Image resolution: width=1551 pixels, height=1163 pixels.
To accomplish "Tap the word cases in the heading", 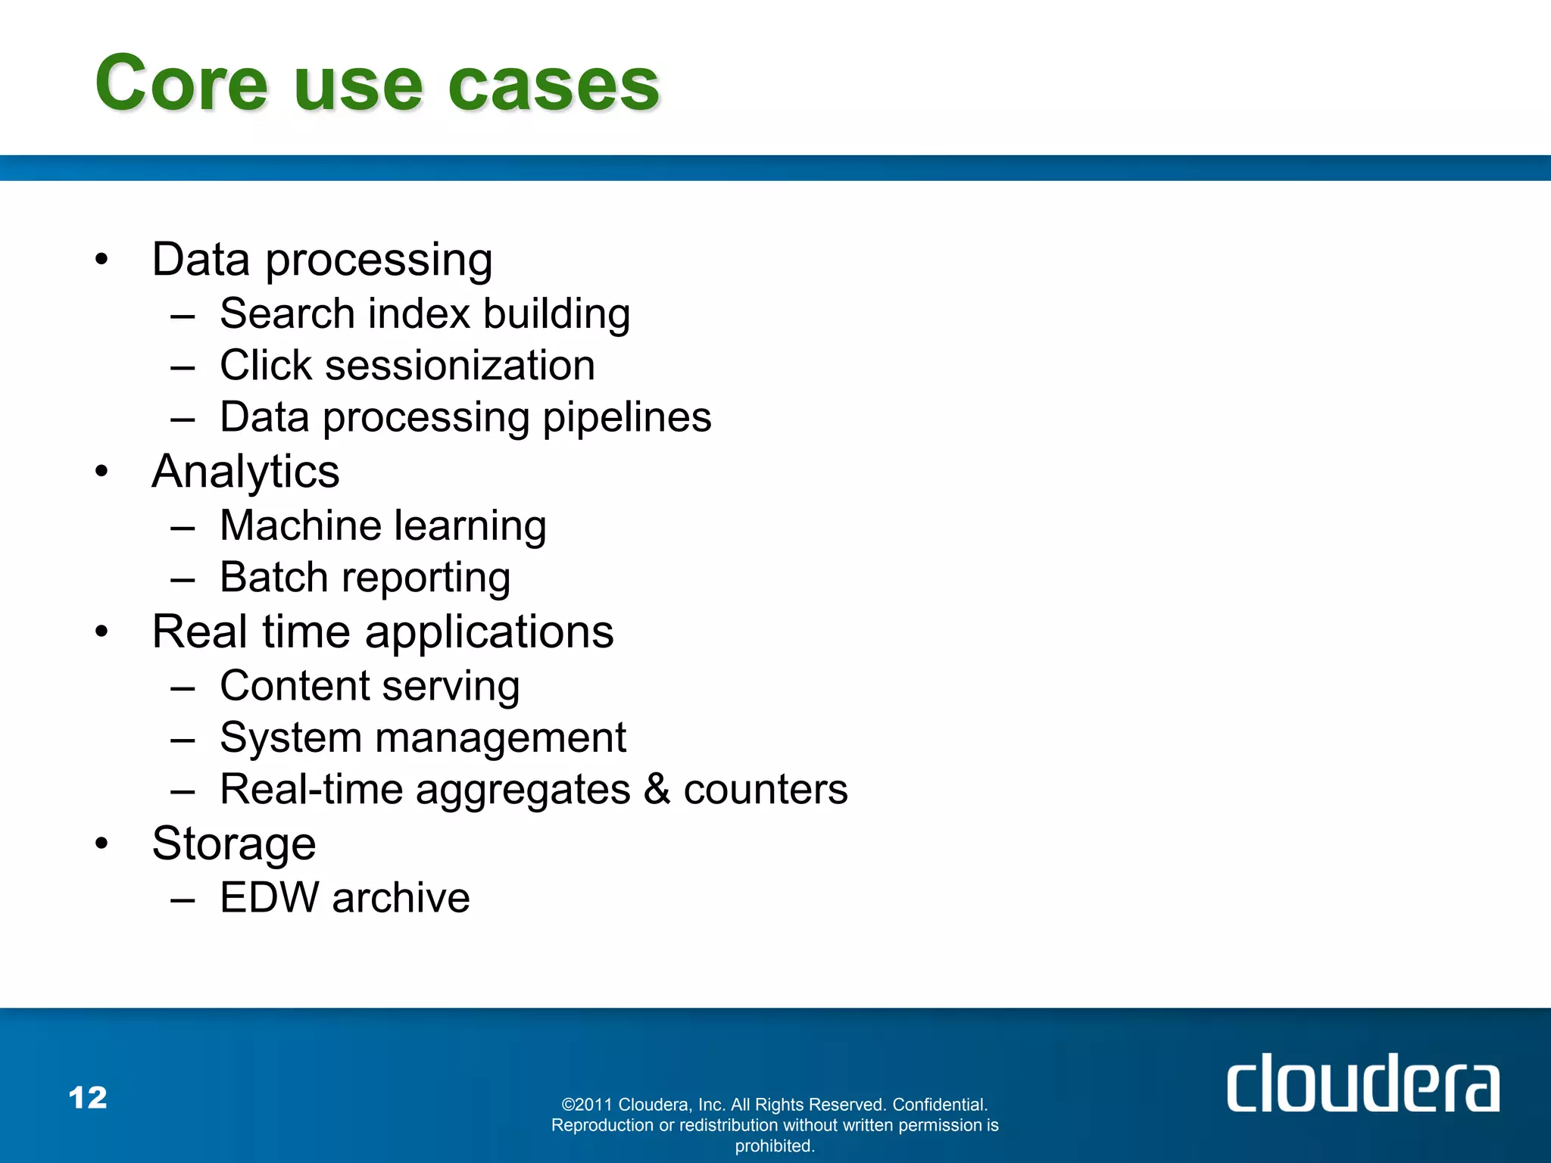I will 554,85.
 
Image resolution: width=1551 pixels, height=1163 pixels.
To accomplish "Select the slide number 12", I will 88,1097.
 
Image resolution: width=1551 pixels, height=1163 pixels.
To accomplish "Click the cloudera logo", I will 1362,1083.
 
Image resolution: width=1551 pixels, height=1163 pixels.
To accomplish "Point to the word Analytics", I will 245,472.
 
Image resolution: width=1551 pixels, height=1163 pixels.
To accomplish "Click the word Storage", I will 234,843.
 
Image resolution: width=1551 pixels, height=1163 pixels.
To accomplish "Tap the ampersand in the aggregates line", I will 657,789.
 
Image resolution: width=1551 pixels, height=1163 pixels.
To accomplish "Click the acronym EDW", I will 270,898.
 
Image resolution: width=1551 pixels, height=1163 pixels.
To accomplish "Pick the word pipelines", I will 627,417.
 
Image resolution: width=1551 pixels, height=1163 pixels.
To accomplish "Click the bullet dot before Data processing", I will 102,260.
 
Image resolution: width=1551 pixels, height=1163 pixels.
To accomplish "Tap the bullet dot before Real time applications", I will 102,631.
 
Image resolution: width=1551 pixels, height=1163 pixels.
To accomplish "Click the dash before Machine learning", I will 183,527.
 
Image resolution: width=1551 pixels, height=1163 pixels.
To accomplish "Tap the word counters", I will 765,790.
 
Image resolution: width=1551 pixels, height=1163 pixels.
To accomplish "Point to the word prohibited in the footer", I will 774,1146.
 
